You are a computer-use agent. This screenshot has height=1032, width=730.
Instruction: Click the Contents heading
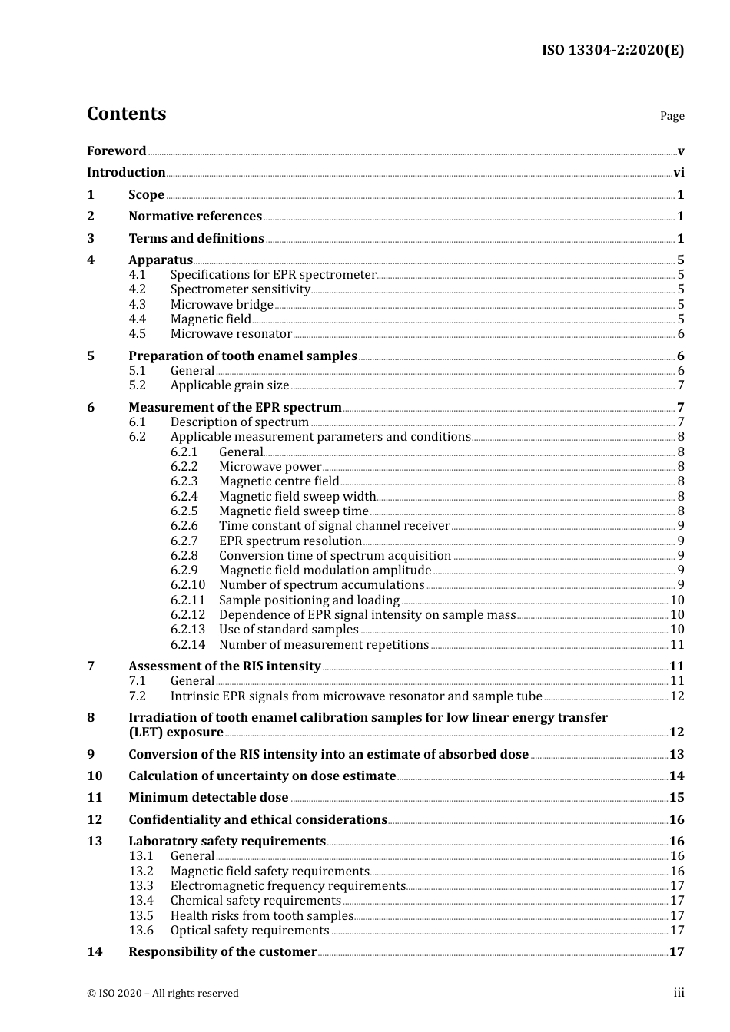pyautogui.click(x=126, y=114)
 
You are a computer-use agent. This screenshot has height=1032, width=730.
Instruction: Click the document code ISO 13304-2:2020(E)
pyautogui.click(x=612, y=50)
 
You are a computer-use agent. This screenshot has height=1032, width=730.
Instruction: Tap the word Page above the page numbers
pyautogui.click(x=672, y=116)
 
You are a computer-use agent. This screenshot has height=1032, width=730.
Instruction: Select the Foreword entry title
pyautogui.click(x=116, y=150)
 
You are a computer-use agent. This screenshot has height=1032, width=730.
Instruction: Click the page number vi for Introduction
pyautogui.click(x=679, y=173)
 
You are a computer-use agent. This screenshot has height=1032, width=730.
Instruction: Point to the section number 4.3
pyautogui.click(x=137, y=304)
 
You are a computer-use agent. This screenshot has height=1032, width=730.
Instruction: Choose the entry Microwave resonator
pyautogui.click(x=231, y=334)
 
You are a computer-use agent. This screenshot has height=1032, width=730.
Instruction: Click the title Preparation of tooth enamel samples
pyautogui.click(x=242, y=356)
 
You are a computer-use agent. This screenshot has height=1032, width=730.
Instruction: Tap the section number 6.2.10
pyautogui.click(x=187, y=585)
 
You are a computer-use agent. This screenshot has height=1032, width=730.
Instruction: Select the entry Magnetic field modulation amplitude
pyautogui.click(x=324, y=571)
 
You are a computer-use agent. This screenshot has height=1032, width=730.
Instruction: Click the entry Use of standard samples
pyautogui.click(x=288, y=630)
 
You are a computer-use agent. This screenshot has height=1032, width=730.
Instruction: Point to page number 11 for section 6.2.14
pyautogui.click(x=677, y=645)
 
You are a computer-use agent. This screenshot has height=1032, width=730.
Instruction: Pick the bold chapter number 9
pyautogui.click(x=91, y=755)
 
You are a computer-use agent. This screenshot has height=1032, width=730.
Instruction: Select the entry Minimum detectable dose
pyautogui.click(x=207, y=798)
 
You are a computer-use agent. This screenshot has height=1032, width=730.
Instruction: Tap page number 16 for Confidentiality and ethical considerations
pyautogui.click(x=676, y=820)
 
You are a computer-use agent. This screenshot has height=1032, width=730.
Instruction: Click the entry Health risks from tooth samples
pyautogui.click(x=261, y=916)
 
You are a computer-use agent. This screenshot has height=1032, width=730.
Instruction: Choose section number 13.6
pyautogui.click(x=141, y=931)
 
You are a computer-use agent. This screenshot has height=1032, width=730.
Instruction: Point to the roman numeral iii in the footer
pyautogui.click(x=679, y=993)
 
